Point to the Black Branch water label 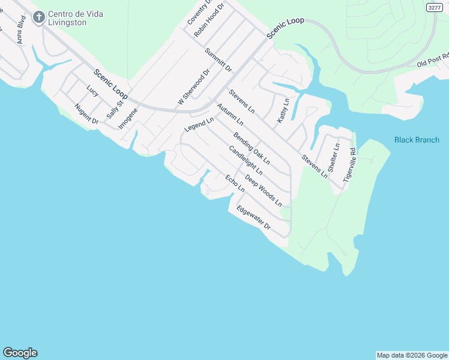coord(417,140)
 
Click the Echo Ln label coord(235,183)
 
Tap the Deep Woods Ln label coord(263,191)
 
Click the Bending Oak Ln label coord(252,148)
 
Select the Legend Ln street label coord(199,125)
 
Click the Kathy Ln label coord(283,111)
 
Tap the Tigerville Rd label coord(349,165)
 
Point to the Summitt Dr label coord(218,60)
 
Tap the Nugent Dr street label coord(86,114)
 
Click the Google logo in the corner coord(20,353)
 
